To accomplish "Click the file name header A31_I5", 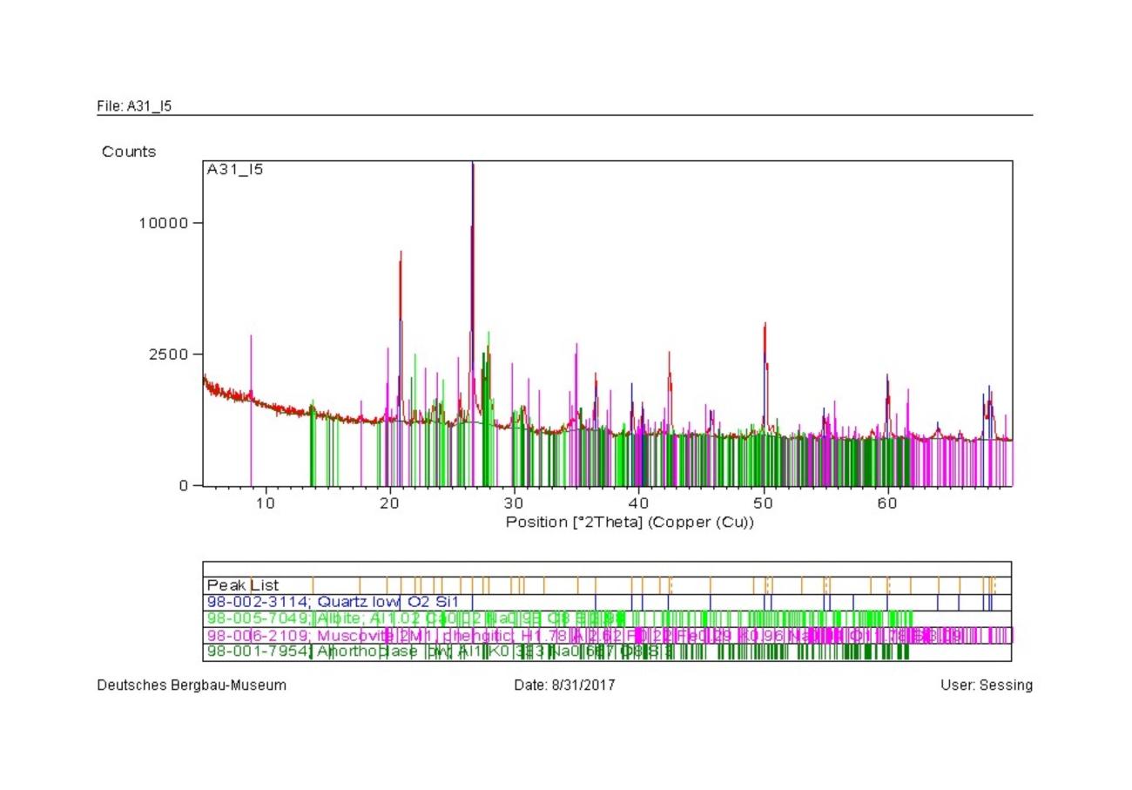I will [x=134, y=106].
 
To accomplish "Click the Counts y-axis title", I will [x=129, y=152].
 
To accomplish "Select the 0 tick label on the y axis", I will [x=185, y=485].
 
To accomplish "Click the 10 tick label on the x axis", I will [x=266, y=503].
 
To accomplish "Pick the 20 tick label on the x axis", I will [x=390, y=503].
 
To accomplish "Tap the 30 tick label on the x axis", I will [x=515, y=503].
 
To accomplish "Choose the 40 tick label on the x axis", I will [x=639, y=503].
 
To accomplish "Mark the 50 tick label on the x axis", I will [x=764, y=503].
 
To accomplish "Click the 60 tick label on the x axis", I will [x=888, y=503].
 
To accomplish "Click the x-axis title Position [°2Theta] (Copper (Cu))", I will [x=630, y=523].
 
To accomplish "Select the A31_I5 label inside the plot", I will [x=235, y=170].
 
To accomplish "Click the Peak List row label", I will [x=243, y=585].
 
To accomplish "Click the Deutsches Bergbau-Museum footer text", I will [x=192, y=685].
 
